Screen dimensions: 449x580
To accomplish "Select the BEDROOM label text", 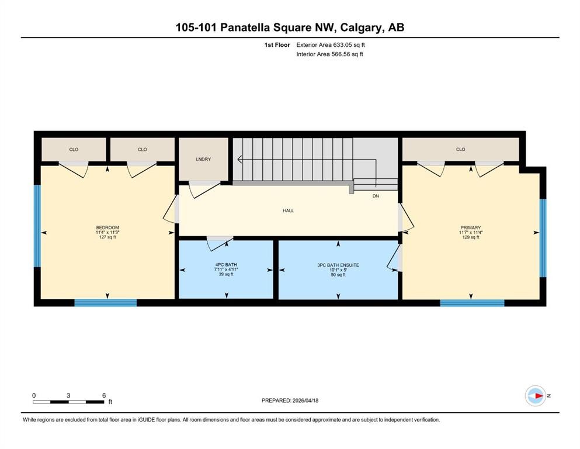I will tap(107, 227).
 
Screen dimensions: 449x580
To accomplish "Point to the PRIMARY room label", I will tap(470, 227).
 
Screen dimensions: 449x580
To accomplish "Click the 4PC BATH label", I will tap(225, 265).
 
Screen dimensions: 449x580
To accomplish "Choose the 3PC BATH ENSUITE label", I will tap(338, 265).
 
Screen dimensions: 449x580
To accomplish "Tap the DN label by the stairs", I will tap(376, 196).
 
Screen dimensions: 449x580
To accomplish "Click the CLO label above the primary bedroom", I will tap(460, 150).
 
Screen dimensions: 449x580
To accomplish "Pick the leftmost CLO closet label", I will tap(74, 150).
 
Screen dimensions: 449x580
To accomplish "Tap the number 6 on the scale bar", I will tap(103, 395).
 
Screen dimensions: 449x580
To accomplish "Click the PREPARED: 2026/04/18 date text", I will tap(290, 400).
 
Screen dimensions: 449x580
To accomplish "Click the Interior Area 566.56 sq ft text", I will tap(330, 54).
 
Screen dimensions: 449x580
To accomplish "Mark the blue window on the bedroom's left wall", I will tap(37, 226).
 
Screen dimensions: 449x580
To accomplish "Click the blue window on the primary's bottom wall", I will tap(471, 303).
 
